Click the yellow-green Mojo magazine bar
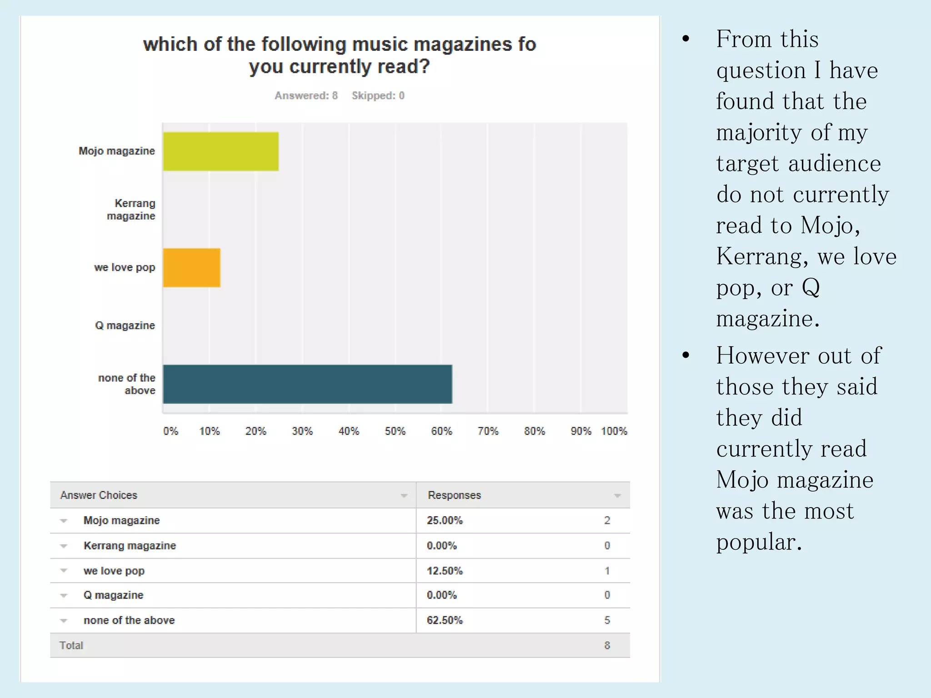pos(220,151)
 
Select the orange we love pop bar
pos(191,268)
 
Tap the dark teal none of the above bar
pos(307,384)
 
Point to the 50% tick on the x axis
pos(395,431)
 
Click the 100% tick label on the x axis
pos(614,431)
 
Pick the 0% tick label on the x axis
pos(170,431)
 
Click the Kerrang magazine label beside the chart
pos(131,209)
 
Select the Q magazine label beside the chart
pos(125,325)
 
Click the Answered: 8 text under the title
pos(306,95)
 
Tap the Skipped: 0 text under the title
pos(378,95)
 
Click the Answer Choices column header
pos(99,495)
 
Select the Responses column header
pos(454,495)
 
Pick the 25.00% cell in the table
pos(445,520)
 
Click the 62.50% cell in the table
pos(445,620)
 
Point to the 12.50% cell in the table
pos(445,571)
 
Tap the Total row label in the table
pos(71,645)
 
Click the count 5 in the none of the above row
pos(607,620)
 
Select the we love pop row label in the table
pos(114,571)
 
